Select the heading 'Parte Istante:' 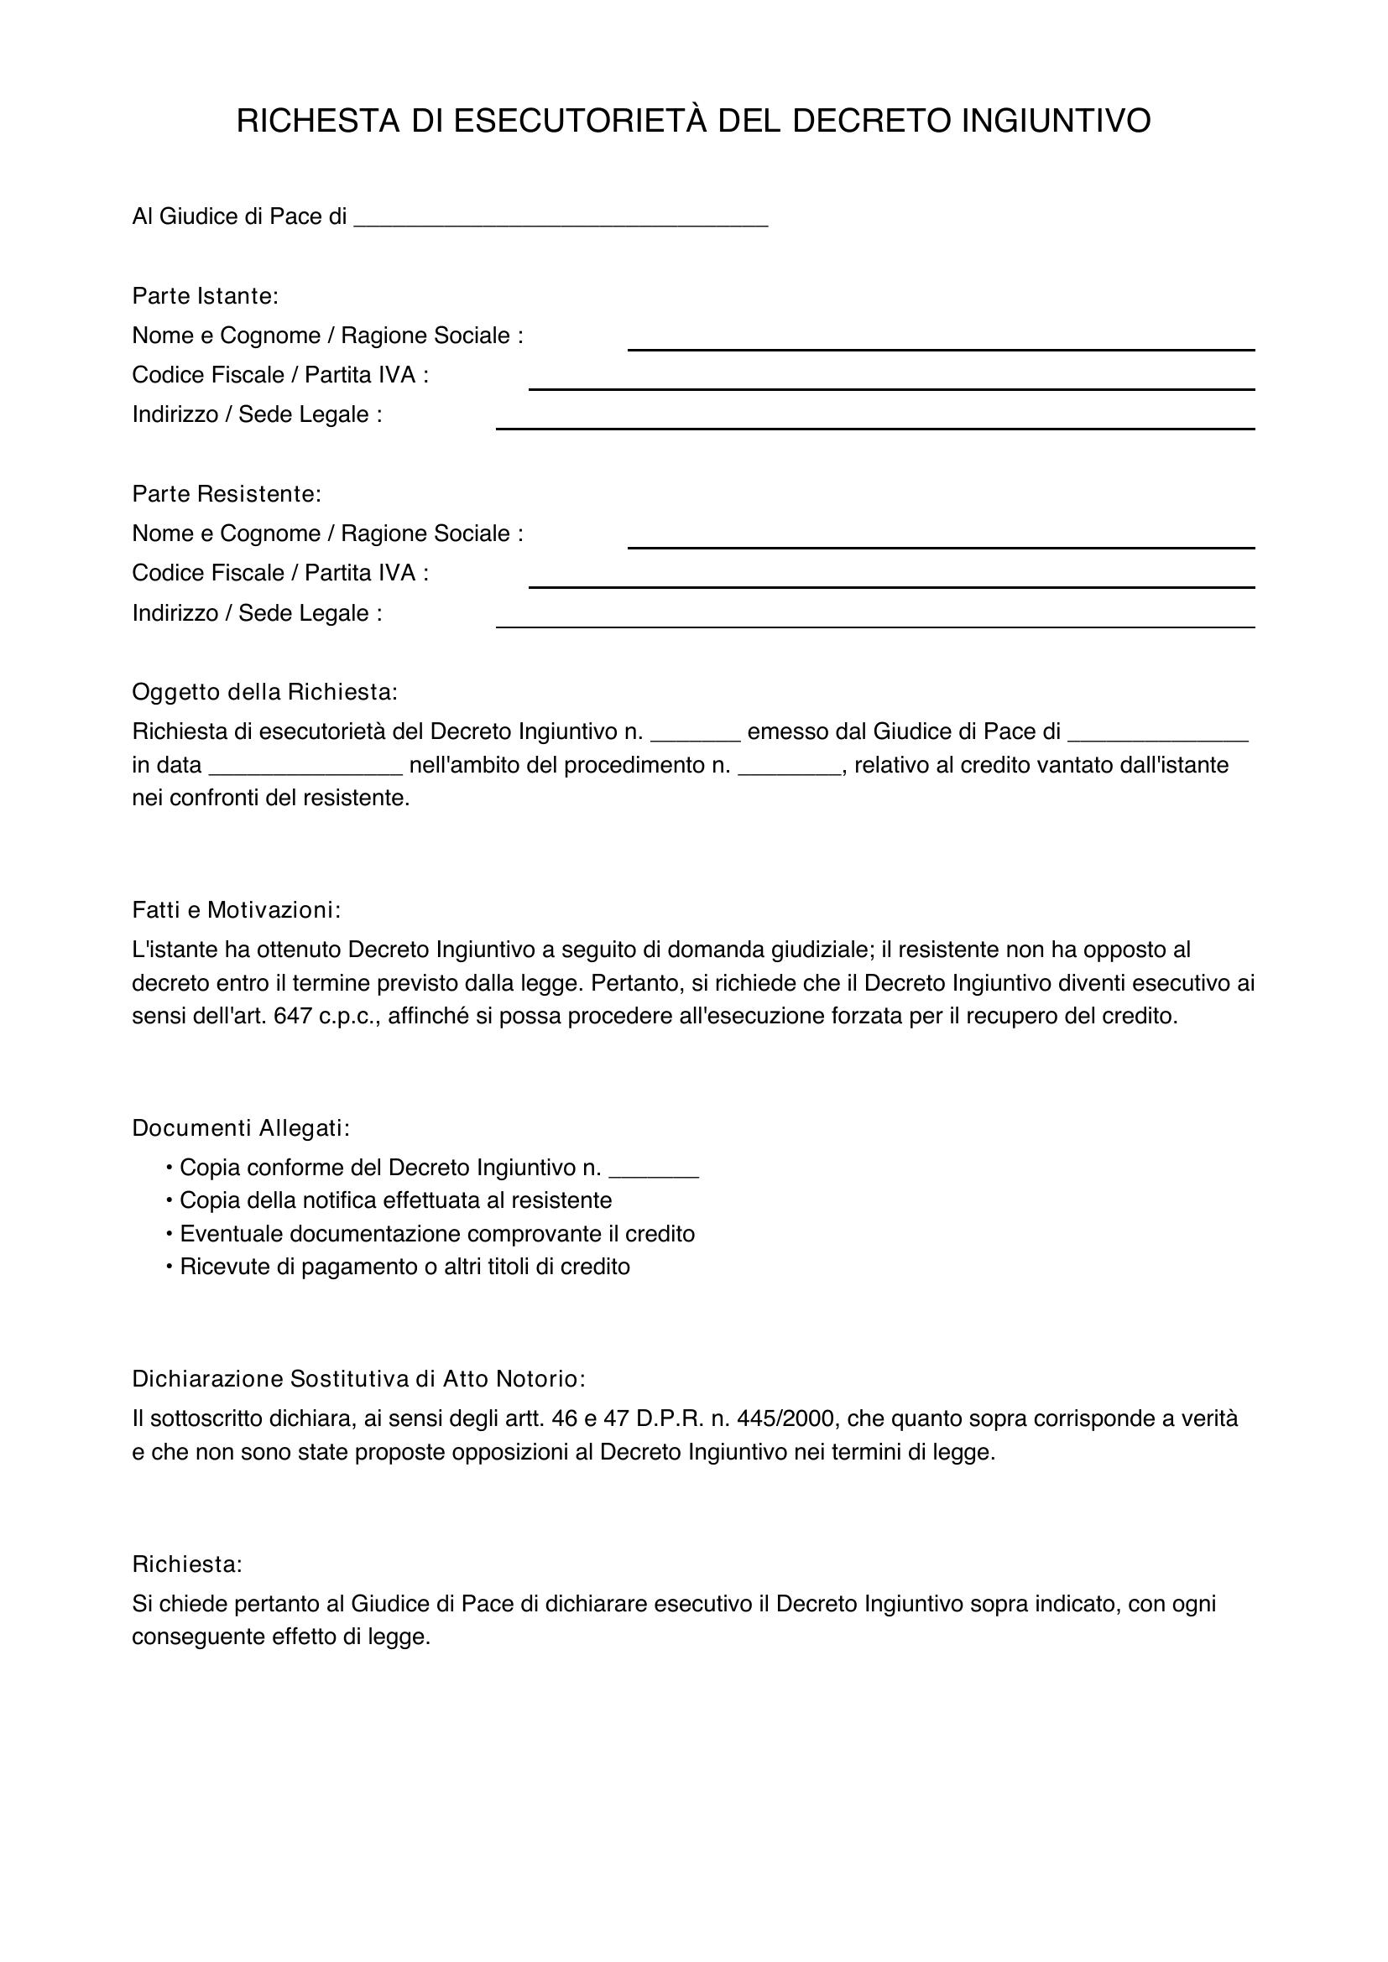tap(205, 296)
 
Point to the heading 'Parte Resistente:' tap(227, 494)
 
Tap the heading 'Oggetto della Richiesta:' tap(265, 692)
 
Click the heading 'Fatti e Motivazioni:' tap(236, 910)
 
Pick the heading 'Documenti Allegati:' tap(241, 1128)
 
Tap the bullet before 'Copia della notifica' tap(170, 1200)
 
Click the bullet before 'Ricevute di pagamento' tap(170, 1267)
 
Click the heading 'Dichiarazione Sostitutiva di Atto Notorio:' tap(359, 1378)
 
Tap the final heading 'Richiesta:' tap(187, 1564)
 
